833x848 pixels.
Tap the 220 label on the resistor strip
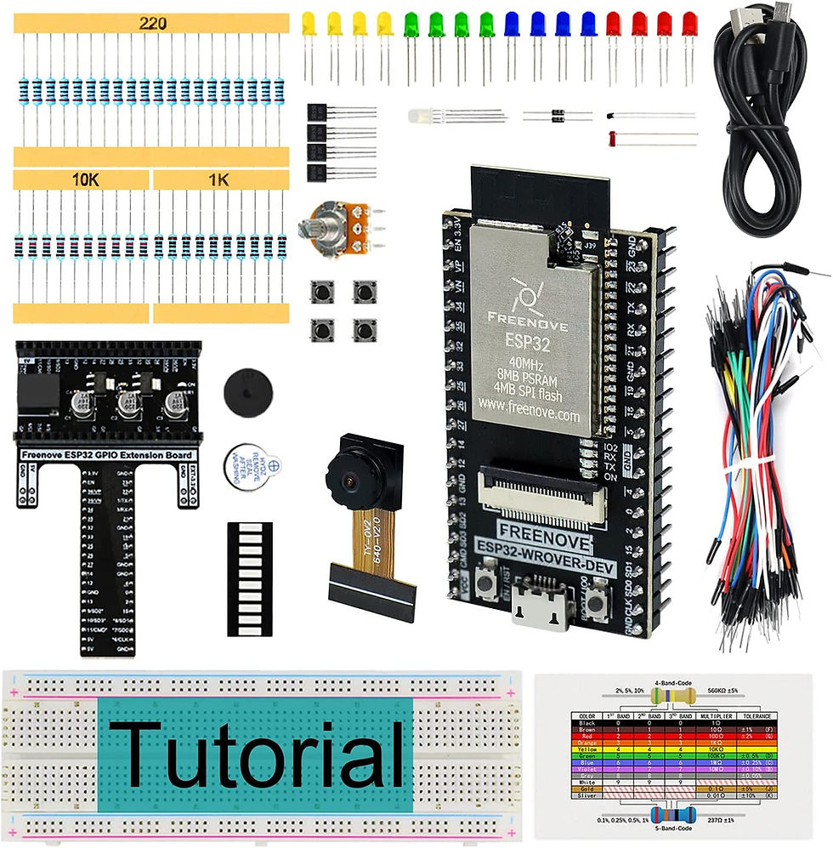[x=153, y=25]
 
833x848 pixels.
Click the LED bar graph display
[x=250, y=579]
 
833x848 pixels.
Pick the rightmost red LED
[x=688, y=23]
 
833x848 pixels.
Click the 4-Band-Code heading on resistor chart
[x=673, y=682]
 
